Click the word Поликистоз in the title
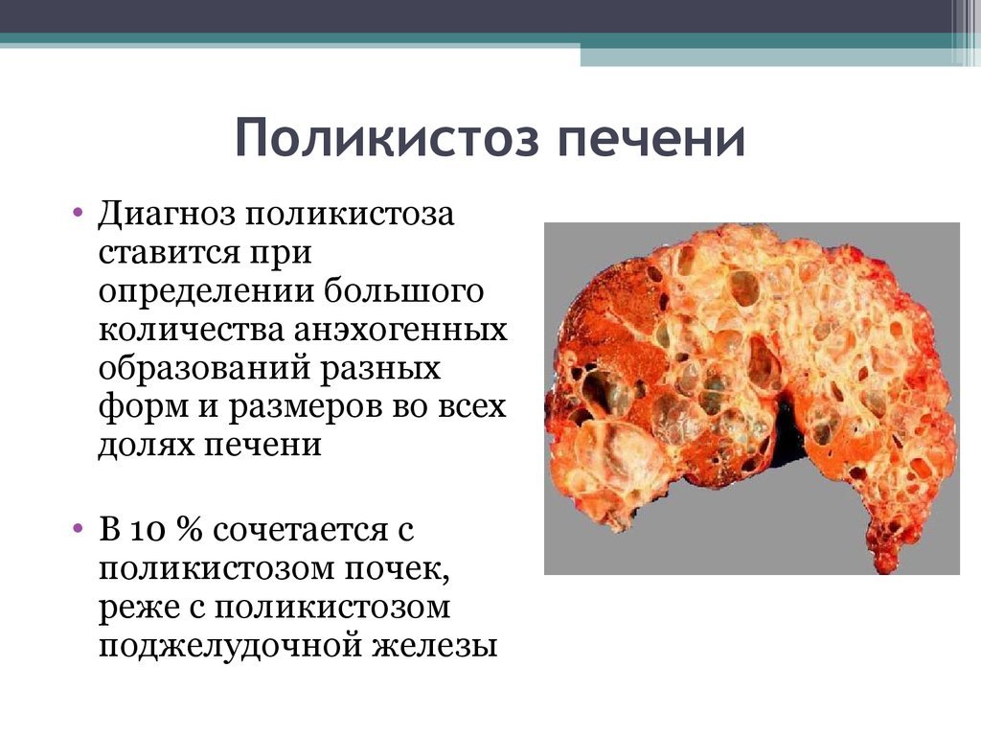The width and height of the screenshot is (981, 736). point(387,138)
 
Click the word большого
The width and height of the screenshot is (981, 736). point(403,291)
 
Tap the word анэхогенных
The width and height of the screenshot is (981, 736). point(401,331)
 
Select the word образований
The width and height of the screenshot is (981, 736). point(204,368)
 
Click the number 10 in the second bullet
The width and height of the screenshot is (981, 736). point(148,531)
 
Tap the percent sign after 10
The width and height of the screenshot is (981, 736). point(191,530)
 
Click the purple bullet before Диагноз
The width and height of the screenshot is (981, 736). point(78,212)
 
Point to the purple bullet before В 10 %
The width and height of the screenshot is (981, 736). point(78,528)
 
